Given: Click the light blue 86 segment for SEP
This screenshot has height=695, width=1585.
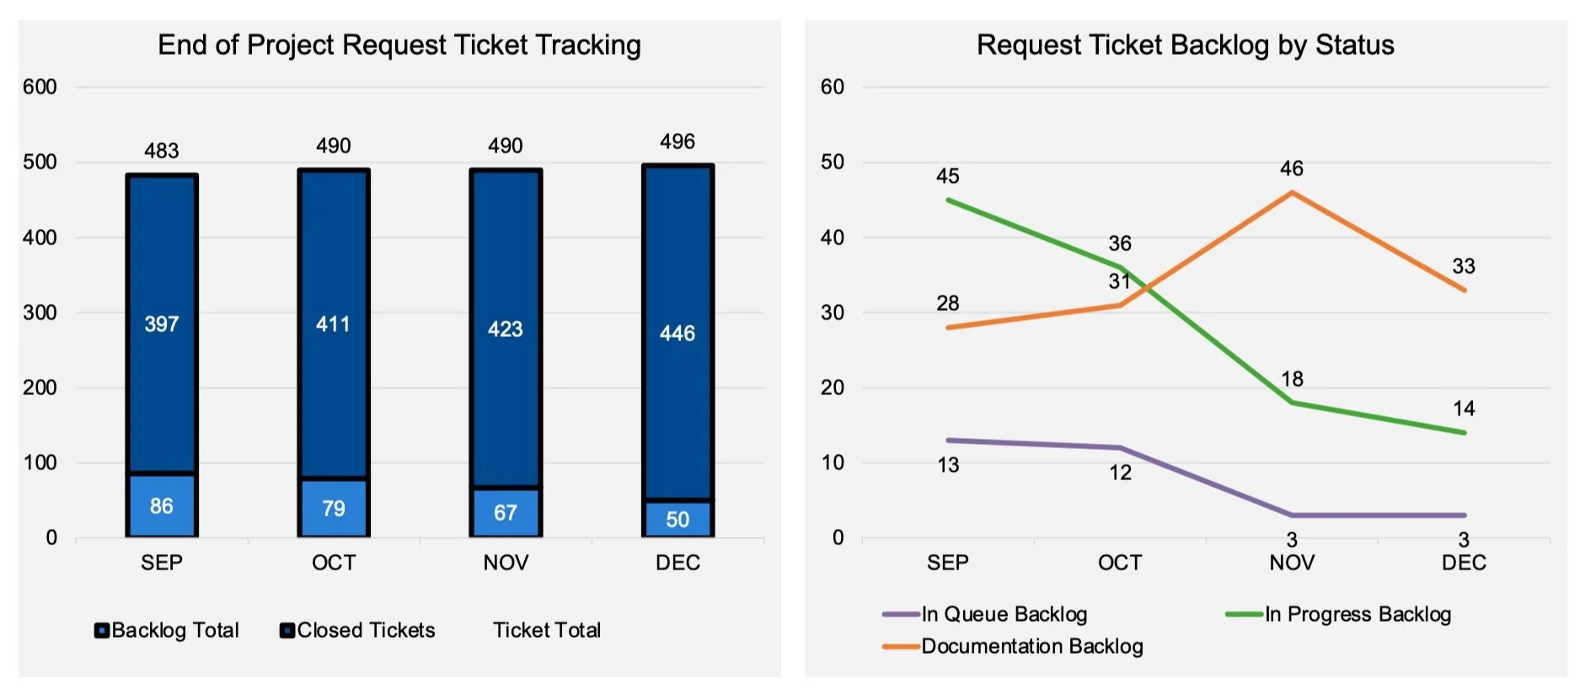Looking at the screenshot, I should click(x=162, y=505).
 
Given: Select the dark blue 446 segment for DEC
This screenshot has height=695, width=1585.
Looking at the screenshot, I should click(x=677, y=333).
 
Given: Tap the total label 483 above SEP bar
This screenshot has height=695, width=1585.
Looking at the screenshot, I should click(x=162, y=151).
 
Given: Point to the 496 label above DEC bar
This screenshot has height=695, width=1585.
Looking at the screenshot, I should click(x=677, y=142).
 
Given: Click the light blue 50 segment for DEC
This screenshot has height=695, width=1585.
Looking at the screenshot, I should click(x=677, y=519).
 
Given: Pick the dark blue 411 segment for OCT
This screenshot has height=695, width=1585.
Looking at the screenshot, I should click(x=334, y=324).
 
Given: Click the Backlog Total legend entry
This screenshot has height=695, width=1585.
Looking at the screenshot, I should click(x=167, y=630).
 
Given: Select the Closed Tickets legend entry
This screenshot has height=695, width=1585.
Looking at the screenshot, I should click(x=357, y=630).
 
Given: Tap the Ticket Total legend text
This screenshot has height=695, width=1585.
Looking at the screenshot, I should click(x=547, y=630).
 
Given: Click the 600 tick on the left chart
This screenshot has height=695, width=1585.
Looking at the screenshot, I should click(x=40, y=87).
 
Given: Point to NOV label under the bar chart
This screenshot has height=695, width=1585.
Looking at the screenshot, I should click(x=506, y=563).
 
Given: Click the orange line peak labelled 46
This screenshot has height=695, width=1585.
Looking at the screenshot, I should click(x=1292, y=193).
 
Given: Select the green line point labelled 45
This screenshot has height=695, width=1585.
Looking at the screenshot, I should click(x=948, y=200).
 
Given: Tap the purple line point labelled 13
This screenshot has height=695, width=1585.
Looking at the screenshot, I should click(x=948, y=441).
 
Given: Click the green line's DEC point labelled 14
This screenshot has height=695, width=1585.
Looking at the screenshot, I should click(x=1464, y=433).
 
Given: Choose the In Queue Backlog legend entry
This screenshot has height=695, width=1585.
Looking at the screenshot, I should click(x=986, y=614).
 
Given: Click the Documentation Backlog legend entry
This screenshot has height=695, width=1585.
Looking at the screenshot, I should click(x=1014, y=646).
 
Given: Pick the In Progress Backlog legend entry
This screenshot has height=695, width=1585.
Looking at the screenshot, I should click(x=1340, y=614).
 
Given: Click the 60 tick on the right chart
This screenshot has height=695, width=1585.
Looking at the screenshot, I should click(x=832, y=87).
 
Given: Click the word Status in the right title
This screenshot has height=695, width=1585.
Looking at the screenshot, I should click(x=1355, y=45).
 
